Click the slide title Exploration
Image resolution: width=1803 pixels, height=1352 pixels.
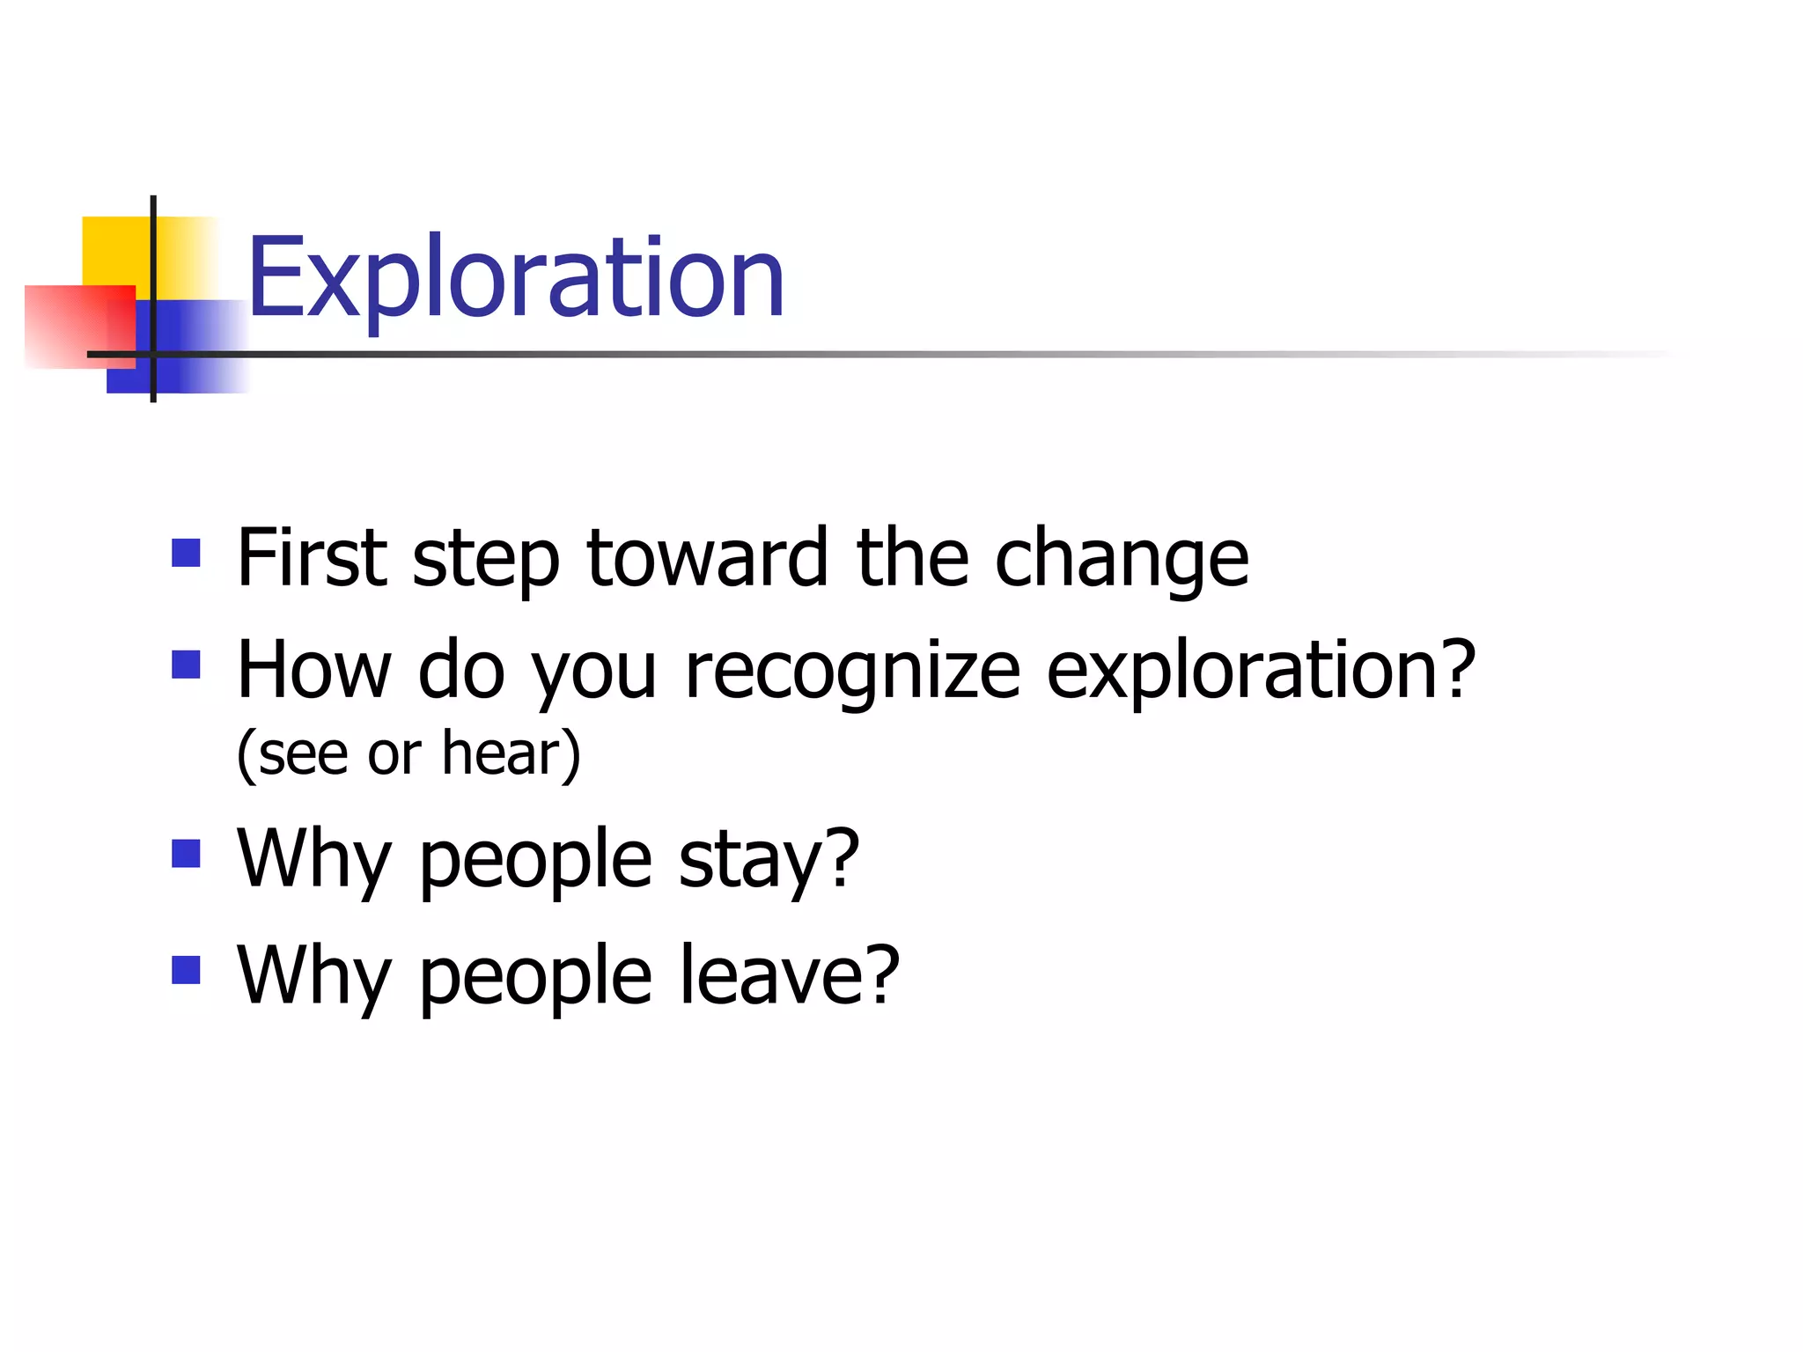(515, 277)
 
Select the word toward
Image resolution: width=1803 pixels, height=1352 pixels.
(707, 557)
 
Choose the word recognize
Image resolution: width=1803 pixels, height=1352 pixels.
(852, 672)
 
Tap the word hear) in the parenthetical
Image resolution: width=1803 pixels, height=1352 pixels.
(511, 753)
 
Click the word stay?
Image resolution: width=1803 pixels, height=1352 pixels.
(769, 860)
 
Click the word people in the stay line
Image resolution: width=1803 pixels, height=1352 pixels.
(535, 860)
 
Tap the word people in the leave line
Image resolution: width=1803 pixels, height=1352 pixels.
(535, 977)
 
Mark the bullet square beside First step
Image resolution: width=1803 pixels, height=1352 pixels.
(186, 554)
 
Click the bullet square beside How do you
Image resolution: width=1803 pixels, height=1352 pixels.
(186, 665)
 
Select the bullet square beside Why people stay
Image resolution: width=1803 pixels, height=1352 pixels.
(186, 853)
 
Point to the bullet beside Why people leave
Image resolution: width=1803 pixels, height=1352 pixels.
(186, 970)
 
